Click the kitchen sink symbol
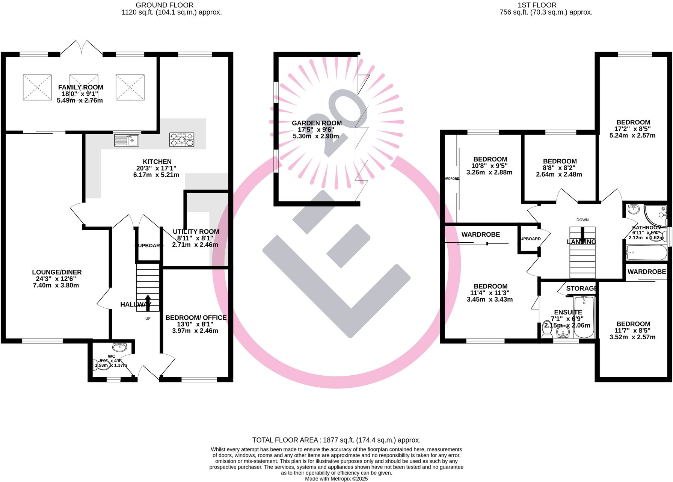(x=127, y=140)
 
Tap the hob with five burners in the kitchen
(x=182, y=139)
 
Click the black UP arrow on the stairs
(x=148, y=302)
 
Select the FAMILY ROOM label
(x=80, y=87)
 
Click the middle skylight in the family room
(x=84, y=87)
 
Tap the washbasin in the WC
(x=119, y=346)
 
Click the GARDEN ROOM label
(x=317, y=123)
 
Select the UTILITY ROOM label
(x=196, y=231)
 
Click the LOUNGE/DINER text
(x=57, y=272)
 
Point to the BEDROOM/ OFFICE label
(x=196, y=317)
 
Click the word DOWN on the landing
(x=582, y=220)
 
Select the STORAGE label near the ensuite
(x=581, y=288)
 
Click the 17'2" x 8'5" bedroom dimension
(x=633, y=129)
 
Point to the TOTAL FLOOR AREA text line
(x=336, y=440)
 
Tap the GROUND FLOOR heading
(x=164, y=5)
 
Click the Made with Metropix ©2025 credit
(x=336, y=479)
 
